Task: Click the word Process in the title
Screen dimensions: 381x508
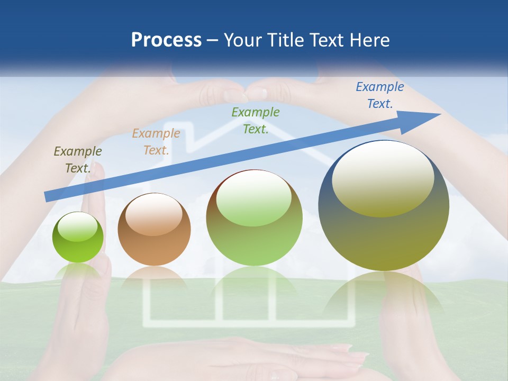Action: [166, 40]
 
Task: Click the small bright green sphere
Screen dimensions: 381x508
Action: [78, 237]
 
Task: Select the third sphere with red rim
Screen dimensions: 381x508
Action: [254, 217]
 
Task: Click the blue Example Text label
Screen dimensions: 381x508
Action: [379, 95]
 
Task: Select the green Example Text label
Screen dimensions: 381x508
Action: [256, 120]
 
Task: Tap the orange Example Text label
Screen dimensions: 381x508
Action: [156, 142]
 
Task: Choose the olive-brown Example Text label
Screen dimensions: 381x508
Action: [77, 160]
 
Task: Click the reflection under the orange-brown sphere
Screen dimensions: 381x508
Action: [154, 278]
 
